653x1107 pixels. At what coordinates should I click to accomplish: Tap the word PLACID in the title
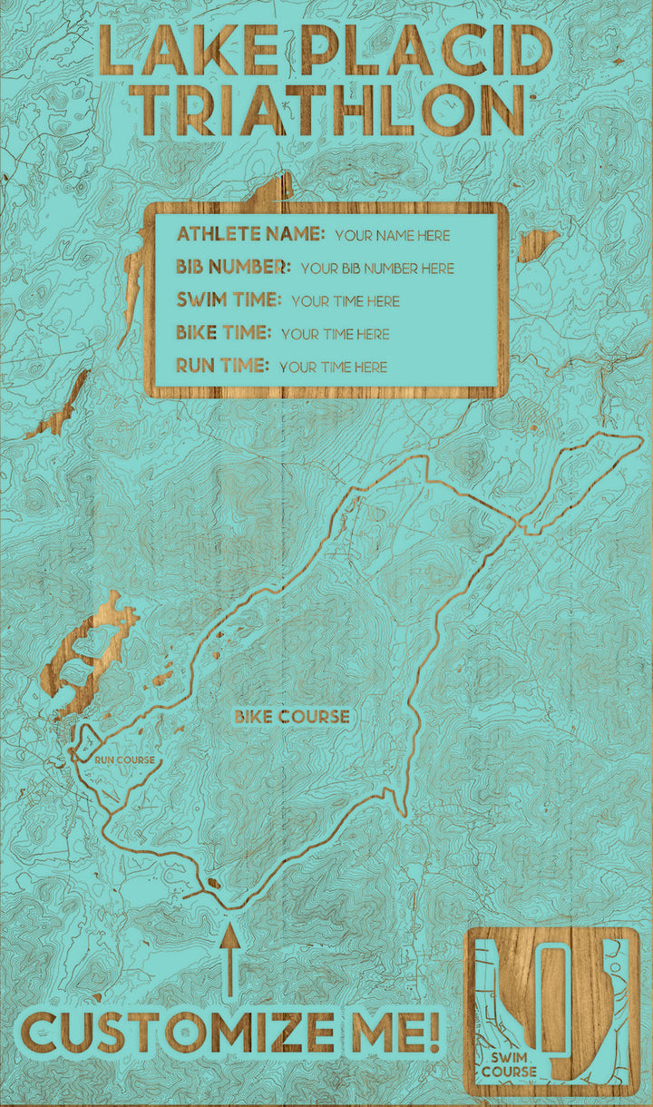(x=425, y=51)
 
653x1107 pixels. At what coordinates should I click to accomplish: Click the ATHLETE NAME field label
(x=250, y=234)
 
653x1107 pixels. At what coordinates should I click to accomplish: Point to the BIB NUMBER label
(x=234, y=267)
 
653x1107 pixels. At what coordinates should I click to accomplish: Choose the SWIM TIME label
(x=229, y=299)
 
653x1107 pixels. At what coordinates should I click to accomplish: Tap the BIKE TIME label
(x=223, y=333)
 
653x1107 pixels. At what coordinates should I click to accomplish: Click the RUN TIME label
(x=222, y=366)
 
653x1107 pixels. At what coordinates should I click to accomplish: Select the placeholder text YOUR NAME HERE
(x=392, y=236)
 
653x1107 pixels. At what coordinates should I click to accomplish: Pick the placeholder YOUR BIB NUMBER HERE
(x=377, y=269)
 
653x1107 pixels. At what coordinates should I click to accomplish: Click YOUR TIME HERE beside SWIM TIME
(x=346, y=301)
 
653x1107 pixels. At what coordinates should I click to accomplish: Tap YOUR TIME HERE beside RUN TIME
(x=333, y=367)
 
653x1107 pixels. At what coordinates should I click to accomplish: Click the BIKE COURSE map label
(x=291, y=717)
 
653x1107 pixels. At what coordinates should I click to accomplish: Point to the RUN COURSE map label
(x=124, y=759)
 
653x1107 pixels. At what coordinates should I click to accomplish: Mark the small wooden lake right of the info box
(x=538, y=243)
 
